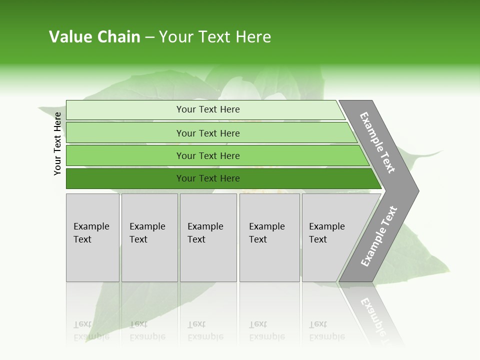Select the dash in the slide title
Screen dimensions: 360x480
click(149, 37)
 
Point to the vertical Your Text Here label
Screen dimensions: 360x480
click(57, 143)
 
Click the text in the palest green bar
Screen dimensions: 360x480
click(208, 109)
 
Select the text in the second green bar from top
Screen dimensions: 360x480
click(208, 133)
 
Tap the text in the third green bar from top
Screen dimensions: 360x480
click(208, 156)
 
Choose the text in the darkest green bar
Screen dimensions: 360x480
click(208, 178)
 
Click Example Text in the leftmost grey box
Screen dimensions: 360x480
click(91, 233)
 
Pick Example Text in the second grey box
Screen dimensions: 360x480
click(147, 233)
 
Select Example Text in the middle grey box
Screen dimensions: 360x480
click(205, 233)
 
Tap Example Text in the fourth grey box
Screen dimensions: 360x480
click(266, 233)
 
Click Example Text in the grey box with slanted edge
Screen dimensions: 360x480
click(326, 233)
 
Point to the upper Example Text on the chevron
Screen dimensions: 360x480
click(377, 142)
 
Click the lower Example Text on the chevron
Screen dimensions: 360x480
click(379, 236)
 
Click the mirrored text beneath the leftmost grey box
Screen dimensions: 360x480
click(91, 330)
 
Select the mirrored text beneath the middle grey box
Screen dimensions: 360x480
click(205, 330)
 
